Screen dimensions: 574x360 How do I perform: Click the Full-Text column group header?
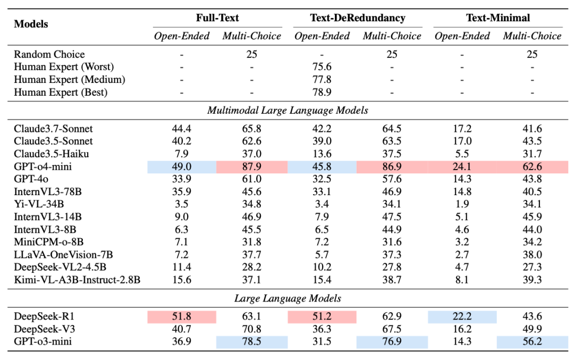pyautogui.click(x=217, y=18)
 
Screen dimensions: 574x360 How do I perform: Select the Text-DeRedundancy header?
pyautogui.click(x=358, y=18)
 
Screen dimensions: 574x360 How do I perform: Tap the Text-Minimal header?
pyautogui.click(x=498, y=18)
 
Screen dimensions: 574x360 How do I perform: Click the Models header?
pyautogui.click(x=31, y=24)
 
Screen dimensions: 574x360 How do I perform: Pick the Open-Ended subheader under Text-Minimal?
pyautogui.click(x=462, y=36)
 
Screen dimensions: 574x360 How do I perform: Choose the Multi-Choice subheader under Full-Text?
pyautogui.click(x=251, y=36)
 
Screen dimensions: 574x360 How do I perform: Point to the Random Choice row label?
pyautogui.click(x=49, y=54)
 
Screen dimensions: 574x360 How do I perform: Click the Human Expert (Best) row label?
pyautogui.click(x=61, y=92)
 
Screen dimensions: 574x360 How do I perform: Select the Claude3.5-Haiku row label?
pyautogui.click(x=51, y=154)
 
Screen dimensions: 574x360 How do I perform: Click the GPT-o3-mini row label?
pyautogui.click(x=43, y=341)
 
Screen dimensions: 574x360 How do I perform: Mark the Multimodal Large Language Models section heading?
pyautogui.click(x=288, y=110)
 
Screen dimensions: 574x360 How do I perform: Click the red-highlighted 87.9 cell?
pyautogui.click(x=252, y=166)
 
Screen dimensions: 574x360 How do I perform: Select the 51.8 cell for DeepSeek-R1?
pyautogui.click(x=182, y=316)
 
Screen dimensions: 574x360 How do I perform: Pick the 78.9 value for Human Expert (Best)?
pyautogui.click(x=322, y=92)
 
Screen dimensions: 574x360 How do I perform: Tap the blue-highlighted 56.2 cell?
pyautogui.click(x=532, y=341)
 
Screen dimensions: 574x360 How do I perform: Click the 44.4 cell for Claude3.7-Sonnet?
pyautogui.click(x=182, y=129)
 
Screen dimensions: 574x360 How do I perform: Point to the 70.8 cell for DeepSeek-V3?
pyautogui.click(x=251, y=329)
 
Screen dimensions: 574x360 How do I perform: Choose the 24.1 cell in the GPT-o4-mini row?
pyautogui.click(x=462, y=166)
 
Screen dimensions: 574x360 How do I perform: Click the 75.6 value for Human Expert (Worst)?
pyautogui.click(x=322, y=66)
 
